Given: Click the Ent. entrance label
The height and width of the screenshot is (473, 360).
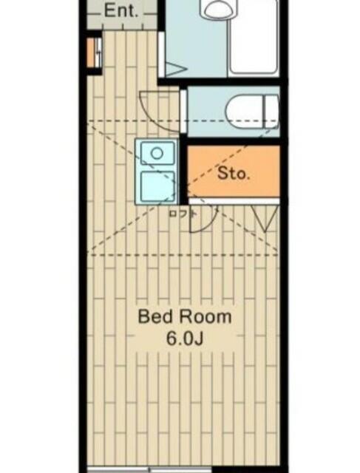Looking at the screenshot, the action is [121, 11].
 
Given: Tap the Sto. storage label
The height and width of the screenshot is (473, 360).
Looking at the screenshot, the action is [234, 174].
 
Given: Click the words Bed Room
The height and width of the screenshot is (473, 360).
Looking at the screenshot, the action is [185, 316].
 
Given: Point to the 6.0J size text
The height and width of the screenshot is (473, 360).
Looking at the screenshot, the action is [184, 339].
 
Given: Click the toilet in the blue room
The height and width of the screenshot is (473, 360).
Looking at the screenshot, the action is [252, 112].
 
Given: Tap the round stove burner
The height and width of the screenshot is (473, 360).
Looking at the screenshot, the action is [157, 153].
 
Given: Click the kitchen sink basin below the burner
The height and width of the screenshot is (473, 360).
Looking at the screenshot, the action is [157, 186].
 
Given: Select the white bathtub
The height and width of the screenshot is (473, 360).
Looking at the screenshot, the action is [254, 37].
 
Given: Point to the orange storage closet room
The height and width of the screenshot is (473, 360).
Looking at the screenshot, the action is [234, 171].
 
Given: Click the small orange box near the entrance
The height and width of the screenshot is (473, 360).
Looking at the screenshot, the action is [91, 52].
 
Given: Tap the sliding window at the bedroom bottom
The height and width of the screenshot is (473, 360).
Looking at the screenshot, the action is [150, 470].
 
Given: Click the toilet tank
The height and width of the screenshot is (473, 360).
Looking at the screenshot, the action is [271, 112].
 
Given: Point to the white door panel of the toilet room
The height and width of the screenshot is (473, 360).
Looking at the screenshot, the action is [183, 111].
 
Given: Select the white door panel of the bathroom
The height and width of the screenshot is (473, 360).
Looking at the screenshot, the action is [161, 55].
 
